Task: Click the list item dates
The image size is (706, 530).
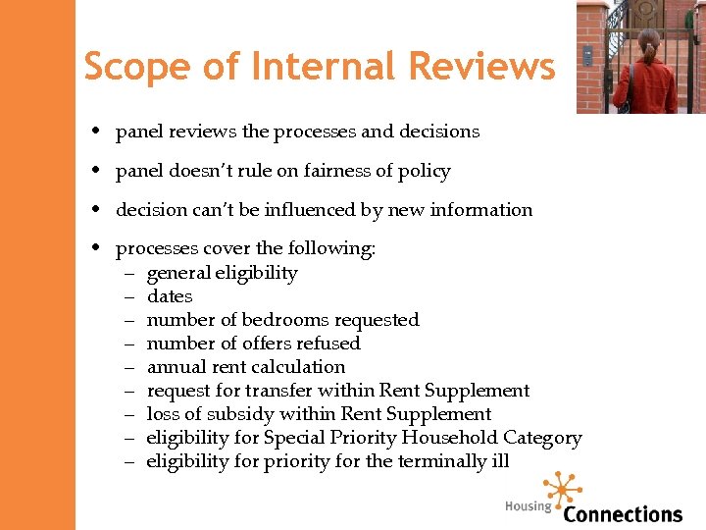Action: click(170, 296)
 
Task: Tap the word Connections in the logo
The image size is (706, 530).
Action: click(623, 514)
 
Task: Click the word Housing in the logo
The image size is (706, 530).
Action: click(529, 506)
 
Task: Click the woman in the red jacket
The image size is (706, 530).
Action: click(643, 74)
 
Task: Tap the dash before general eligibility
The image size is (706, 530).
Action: click(129, 273)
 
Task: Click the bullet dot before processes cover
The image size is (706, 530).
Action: click(101, 249)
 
